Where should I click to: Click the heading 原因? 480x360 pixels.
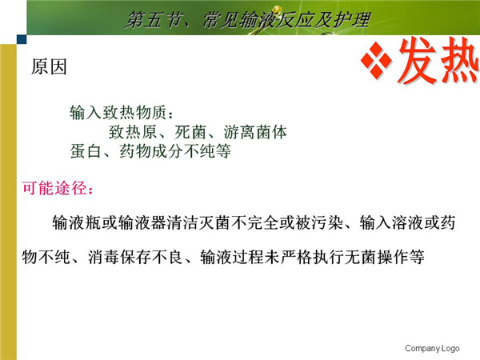(49, 66)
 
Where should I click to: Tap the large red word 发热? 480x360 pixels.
(438, 61)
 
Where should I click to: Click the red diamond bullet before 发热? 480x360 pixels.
(376, 60)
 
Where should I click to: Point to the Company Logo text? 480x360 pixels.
(432, 348)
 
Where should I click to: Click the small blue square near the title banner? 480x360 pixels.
(22, 39)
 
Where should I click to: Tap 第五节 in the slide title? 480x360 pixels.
(153, 20)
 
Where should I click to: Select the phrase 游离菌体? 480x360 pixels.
(255, 132)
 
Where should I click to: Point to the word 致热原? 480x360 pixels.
(133, 132)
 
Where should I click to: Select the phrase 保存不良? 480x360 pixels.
(151, 257)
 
